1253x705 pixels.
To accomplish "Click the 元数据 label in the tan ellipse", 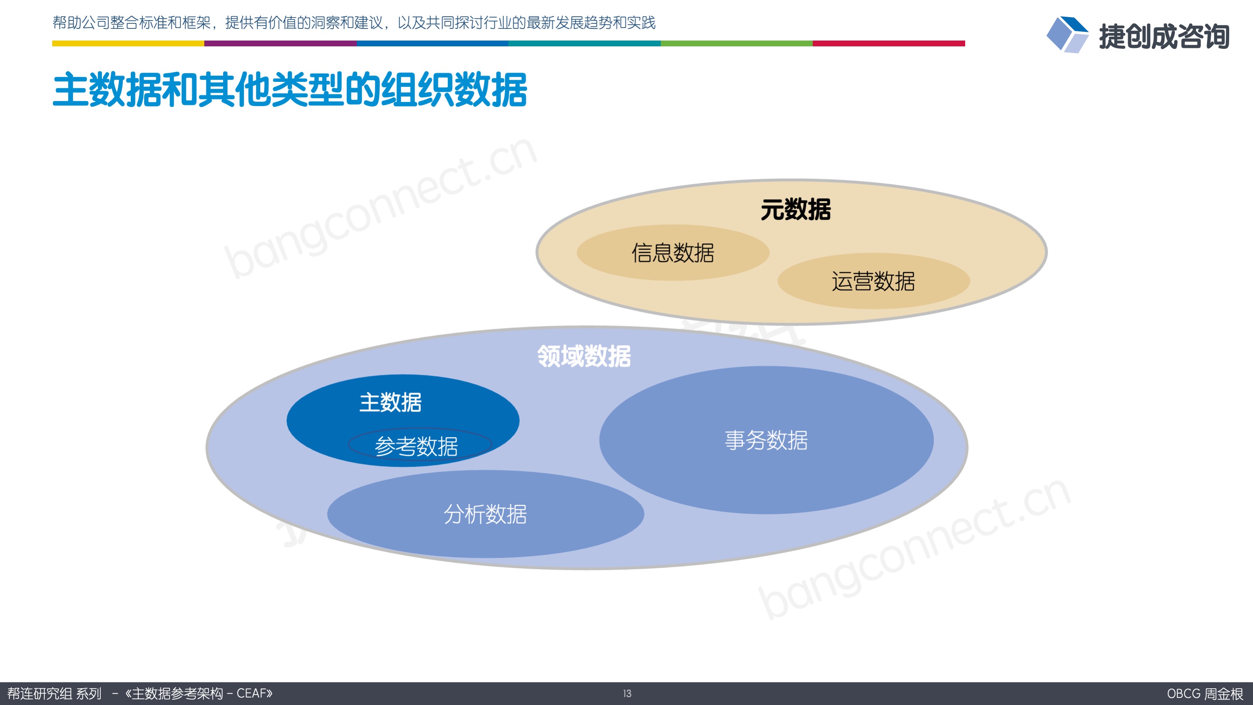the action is tap(796, 210).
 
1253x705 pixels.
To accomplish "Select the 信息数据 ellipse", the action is tap(673, 252).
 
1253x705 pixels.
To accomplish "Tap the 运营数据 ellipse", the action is tap(874, 281).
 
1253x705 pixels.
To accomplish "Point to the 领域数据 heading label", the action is tap(584, 356).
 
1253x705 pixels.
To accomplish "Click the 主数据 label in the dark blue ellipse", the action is tap(391, 402).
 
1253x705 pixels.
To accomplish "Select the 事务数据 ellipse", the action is tap(766, 440).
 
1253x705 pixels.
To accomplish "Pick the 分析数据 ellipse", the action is tap(485, 514).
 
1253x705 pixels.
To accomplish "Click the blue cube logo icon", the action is tap(1067, 35).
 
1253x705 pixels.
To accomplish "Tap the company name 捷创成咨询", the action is tap(1164, 36).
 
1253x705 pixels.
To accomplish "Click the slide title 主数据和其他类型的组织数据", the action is tap(290, 89).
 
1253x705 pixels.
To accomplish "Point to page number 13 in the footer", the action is tap(627, 693).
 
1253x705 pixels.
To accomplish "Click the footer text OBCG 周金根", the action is tap(1205, 693).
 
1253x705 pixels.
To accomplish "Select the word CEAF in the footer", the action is tap(251, 693).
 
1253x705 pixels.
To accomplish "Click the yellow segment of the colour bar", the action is tap(128, 43).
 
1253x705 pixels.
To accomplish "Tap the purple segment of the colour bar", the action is tap(280, 43).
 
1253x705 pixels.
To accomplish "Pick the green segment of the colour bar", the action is tap(737, 43).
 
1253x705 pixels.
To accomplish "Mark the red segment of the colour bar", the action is tap(889, 43).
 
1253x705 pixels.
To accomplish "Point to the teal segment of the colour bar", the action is tap(584, 43).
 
